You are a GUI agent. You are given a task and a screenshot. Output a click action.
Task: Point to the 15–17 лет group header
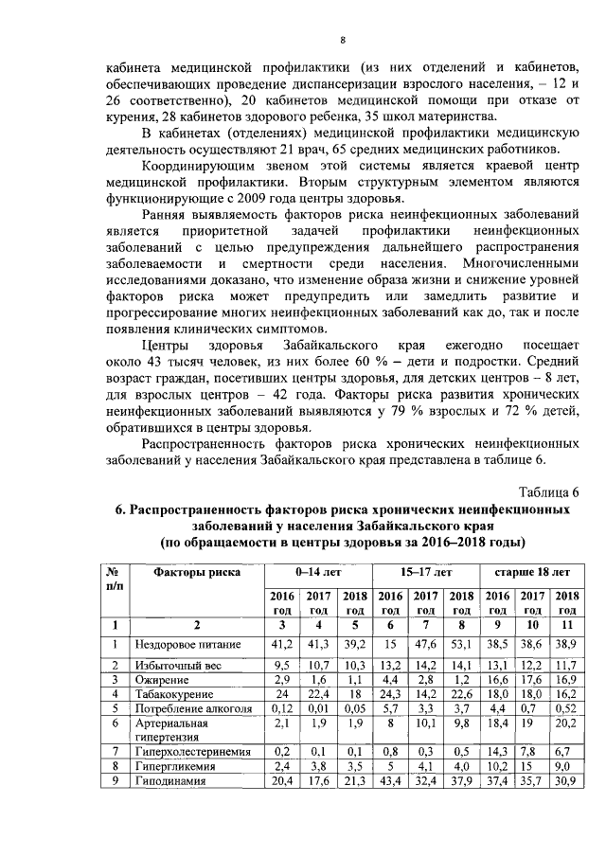coord(425,573)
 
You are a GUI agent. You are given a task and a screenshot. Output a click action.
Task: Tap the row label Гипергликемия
coord(173,765)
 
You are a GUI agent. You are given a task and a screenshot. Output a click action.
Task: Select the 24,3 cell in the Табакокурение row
coord(390,693)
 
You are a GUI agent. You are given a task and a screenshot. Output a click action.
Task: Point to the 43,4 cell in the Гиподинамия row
coord(390,779)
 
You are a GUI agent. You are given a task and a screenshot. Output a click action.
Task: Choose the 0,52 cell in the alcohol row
coord(563,707)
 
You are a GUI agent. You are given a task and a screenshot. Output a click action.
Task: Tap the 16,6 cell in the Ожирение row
coord(498,679)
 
